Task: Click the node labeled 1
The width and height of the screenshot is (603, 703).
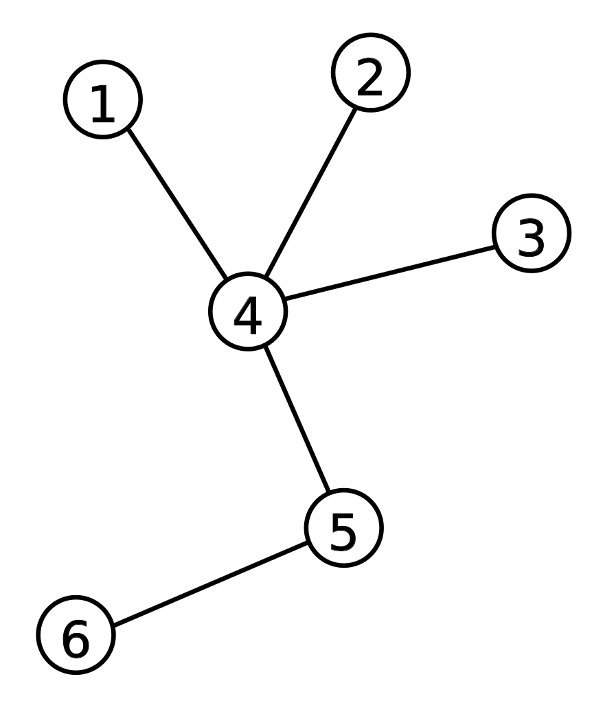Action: coord(103,100)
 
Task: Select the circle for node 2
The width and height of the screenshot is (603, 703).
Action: coord(371,72)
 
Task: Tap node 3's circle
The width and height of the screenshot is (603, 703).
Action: coord(532,233)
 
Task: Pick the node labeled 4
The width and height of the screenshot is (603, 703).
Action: coord(247,312)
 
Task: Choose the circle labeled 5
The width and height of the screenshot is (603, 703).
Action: coord(343,528)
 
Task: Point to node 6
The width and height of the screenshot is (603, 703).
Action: coord(76,635)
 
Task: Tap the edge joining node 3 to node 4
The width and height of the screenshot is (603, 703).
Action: coord(390,272)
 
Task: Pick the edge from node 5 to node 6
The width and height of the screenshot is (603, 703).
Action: coord(210,584)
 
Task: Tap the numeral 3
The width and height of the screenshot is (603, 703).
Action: coord(531,239)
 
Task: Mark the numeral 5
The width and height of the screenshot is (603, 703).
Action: coord(343,533)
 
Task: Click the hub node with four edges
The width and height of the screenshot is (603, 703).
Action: coord(247,312)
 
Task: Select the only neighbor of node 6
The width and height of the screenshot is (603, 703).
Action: coord(343,528)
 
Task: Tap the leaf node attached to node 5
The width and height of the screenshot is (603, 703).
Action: coord(76,635)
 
